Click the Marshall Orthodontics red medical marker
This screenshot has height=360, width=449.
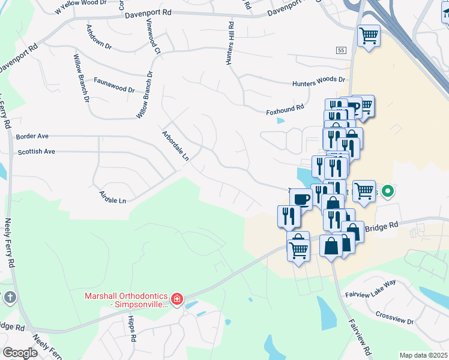(x=176, y=299)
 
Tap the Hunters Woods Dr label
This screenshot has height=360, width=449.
(x=319, y=80)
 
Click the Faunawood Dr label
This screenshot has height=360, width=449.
(x=115, y=89)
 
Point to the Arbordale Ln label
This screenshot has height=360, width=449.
(x=175, y=146)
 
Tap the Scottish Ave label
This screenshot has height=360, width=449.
(x=37, y=152)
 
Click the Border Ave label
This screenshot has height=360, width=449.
(x=32, y=136)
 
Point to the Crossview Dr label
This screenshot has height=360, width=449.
(x=394, y=318)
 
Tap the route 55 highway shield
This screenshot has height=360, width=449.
(x=340, y=50)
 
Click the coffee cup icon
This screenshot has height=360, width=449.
(x=301, y=199)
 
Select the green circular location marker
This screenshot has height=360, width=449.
(x=388, y=192)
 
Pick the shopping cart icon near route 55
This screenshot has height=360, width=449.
(x=369, y=35)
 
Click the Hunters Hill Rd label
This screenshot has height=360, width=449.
(x=231, y=44)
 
